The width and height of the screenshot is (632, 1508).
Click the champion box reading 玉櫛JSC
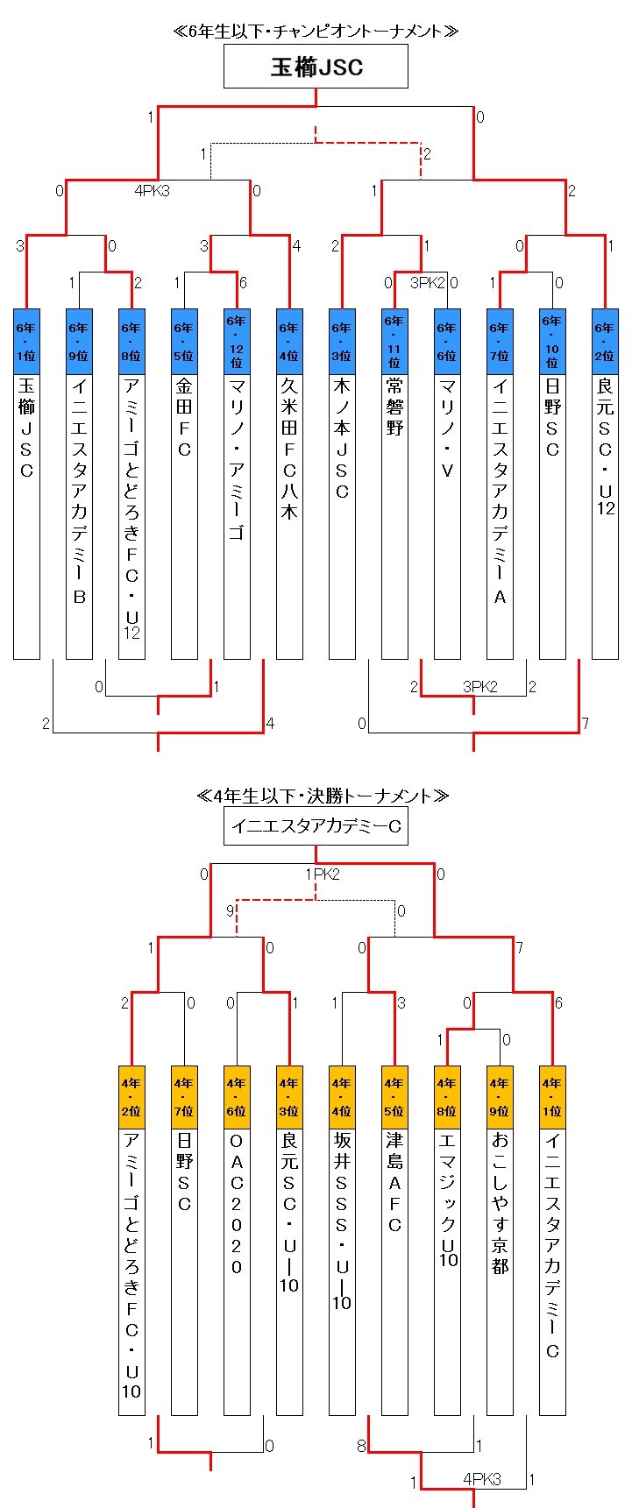click(316, 67)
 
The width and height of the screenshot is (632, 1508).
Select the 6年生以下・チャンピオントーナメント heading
click(316, 32)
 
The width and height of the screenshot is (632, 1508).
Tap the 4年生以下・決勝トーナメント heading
click(323, 796)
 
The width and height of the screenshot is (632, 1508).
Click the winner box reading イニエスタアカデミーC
click(316, 825)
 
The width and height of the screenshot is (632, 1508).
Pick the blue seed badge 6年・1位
click(26, 342)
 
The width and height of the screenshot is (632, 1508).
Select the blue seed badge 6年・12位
click(237, 342)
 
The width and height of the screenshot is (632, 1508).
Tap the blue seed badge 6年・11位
click(394, 342)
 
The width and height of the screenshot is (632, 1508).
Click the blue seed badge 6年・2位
click(605, 342)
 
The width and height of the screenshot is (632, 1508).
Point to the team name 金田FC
click(184, 417)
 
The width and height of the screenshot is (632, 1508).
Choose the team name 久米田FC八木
click(289, 449)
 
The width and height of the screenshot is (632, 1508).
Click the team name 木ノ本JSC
click(342, 438)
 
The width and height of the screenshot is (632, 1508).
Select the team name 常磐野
click(394, 407)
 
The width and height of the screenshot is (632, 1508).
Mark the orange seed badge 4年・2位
click(131, 1097)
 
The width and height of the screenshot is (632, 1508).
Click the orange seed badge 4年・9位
click(500, 1097)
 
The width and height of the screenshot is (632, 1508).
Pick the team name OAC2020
click(237, 1204)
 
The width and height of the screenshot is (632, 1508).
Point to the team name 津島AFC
click(394, 1183)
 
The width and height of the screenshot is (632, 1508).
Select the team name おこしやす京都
click(500, 1204)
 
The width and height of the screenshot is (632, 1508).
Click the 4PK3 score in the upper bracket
click(152, 190)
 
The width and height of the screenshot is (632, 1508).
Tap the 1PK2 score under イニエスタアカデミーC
click(322, 874)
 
